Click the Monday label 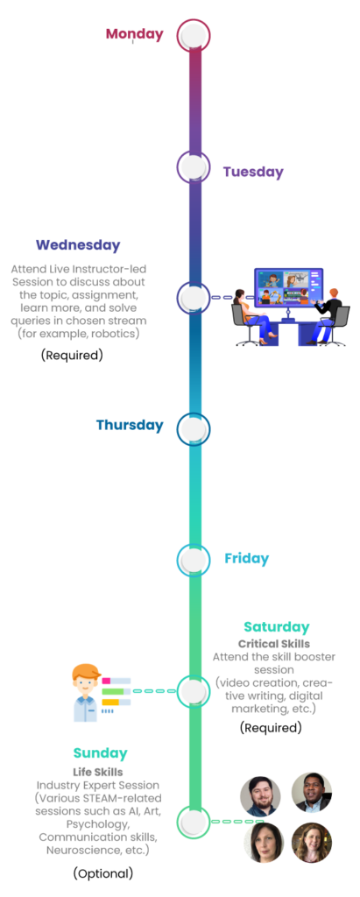pyautogui.click(x=135, y=34)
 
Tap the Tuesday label pyautogui.click(x=253, y=172)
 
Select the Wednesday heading pyautogui.click(x=78, y=245)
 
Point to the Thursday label pyautogui.click(x=130, y=425)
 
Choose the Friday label pyautogui.click(x=247, y=558)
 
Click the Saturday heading pyautogui.click(x=277, y=627)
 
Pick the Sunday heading pyautogui.click(x=100, y=753)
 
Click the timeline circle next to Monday pyautogui.click(x=194, y=35)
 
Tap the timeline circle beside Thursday pyautogui.click(x=194, y=429)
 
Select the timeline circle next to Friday pyautogui.click(x=194, y=560)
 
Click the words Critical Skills pyautogui.click(x=274, y=644)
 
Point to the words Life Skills pyautogui.click(x=98, y=772)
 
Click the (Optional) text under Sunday pyautogui.click(x=103, y=873)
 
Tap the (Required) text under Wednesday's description pyautogui.click(x=72, y=355)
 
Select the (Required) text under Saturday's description pyautogui.click(x=271, y=728)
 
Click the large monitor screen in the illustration pyautogui.click(x=288, y=287)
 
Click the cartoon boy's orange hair pyautogui.click(x=87, y=672)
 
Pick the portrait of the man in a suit pyautogui.click(x=311, y=792)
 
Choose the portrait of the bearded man pyautogui.click(x=260, y=796)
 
